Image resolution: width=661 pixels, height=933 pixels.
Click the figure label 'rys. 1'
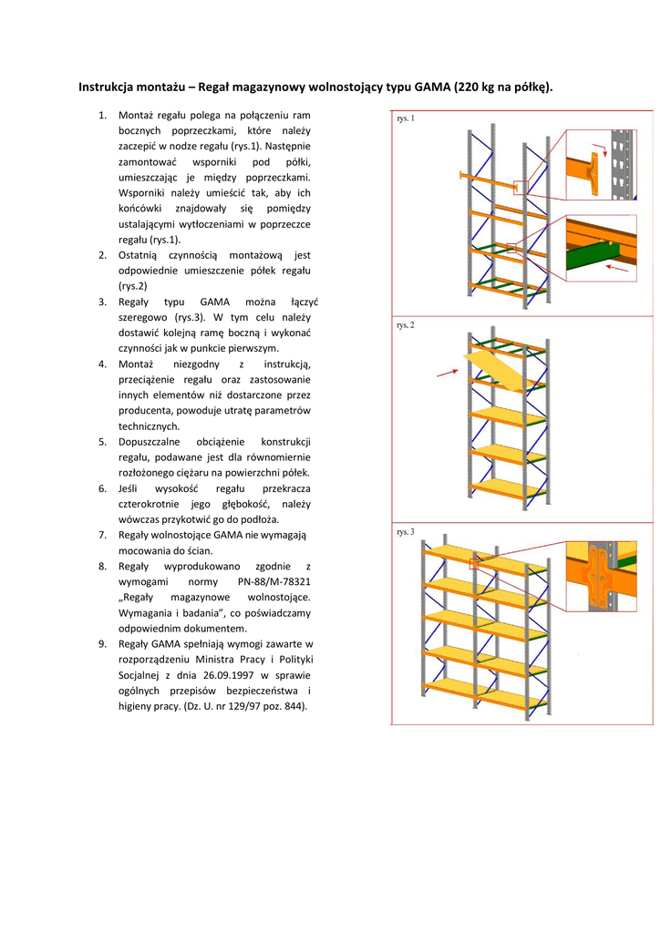[406, 118]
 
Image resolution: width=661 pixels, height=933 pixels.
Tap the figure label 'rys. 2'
[406, 325]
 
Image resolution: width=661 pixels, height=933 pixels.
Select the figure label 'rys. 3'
[406, 531]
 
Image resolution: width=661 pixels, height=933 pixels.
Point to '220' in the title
[469, 87]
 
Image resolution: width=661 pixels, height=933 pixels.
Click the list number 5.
[102, 441]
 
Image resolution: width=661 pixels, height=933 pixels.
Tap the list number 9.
[102, 644]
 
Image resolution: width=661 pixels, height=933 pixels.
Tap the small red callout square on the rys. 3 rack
[474, 564]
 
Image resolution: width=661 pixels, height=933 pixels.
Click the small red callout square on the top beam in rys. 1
[521, 187]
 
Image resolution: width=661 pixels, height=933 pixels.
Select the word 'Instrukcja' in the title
[108, 87]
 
